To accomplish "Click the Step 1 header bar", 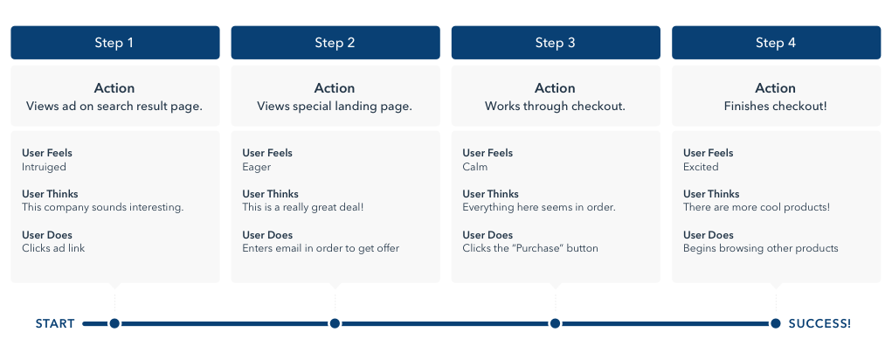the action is click(114, 43).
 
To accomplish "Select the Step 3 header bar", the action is click(555, 43).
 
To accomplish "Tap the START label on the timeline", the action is click(55, 324).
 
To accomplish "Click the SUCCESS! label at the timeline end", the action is click(819, 324).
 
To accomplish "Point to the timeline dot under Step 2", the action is click(335, 323).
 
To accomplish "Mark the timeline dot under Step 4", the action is click(775, 323).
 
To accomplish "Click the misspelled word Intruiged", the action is click(44, 167).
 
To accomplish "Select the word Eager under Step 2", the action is click(257, 167).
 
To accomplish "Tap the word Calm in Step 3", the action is click(475, 167).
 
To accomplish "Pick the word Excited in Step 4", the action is click(701, 167).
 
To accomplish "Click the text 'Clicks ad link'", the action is click(53, 248).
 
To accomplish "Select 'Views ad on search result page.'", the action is click(114, 107).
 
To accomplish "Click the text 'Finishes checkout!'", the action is click(775, 107).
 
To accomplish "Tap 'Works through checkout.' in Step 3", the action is click(555, 107).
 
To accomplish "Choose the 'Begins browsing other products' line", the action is click(760, 248).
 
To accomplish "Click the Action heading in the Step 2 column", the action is click(335, 88).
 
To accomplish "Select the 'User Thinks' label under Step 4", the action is click(711, 194).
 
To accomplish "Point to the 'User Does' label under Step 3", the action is click(487, 235).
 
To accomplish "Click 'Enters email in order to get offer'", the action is click(321, 248).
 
